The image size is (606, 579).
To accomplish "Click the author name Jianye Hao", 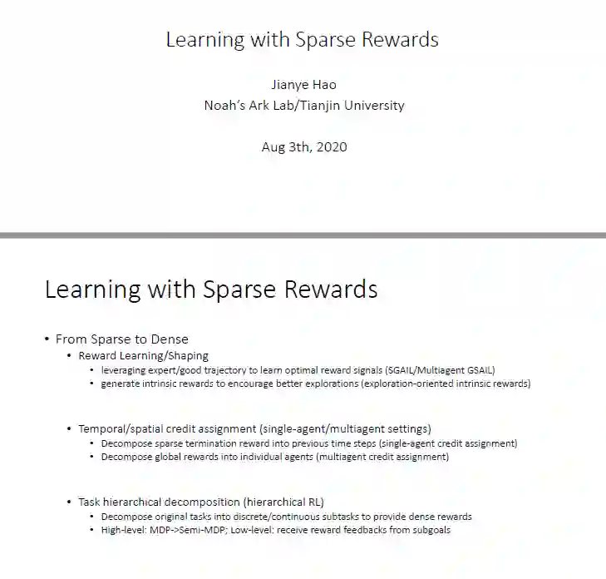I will pos(303,85).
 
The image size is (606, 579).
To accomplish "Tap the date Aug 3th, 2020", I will pos(303,147).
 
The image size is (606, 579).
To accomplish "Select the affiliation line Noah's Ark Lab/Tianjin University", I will pos(303,106).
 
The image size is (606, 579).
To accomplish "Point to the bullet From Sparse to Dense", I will pos(121,339).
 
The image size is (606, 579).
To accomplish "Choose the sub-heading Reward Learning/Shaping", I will pos(143,356).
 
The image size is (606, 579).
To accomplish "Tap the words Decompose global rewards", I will pos(154,457).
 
